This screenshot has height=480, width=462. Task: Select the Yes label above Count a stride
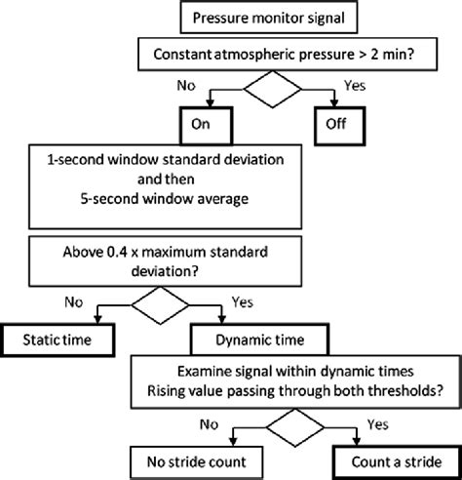click(x=377, y=424)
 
